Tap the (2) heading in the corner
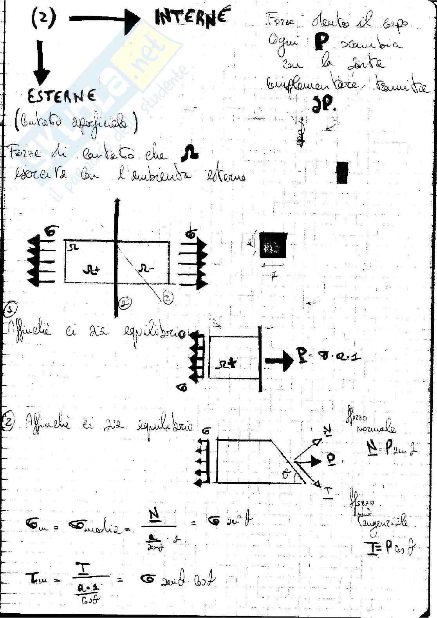coord(43,18)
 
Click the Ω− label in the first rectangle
coord(147,268)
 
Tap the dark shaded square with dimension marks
coord(273,245)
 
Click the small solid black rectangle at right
coord(342,173)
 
